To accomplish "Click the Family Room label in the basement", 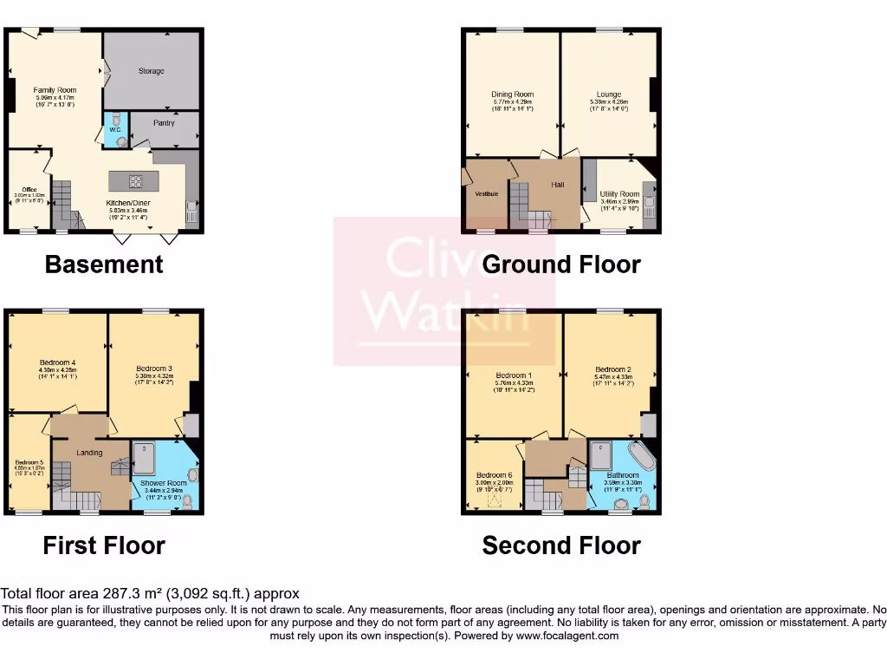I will [x=55, y=90].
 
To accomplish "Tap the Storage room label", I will [x=152, y=71].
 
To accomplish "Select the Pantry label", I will [x=164, y=123].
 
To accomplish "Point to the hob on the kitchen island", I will [x=135, y=181].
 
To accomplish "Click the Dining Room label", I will [x=512, y=95].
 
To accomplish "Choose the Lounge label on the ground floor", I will [x=608, y=95].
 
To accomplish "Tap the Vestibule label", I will [x=486, y=193].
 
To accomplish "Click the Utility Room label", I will [x=619, y=194].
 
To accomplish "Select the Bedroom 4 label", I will [x=57, y=362].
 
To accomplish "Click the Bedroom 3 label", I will [x=153, y=369].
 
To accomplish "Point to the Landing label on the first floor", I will [x=89, y=453].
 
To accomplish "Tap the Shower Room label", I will [x=165, y=483].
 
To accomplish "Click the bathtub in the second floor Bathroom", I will [x=642, y=457].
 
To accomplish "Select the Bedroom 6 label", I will [x=495, y=475].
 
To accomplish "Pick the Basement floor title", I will [x=104, y=264].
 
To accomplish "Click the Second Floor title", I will [x=561, y=545].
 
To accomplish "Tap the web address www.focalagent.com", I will [x=567, y=636].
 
